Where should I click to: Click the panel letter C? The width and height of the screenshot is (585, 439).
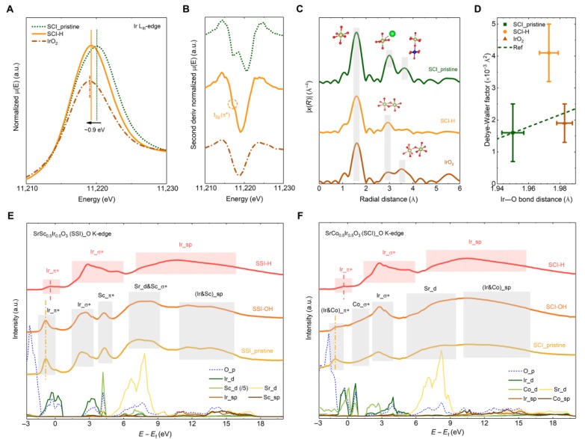[x=309, y=6]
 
